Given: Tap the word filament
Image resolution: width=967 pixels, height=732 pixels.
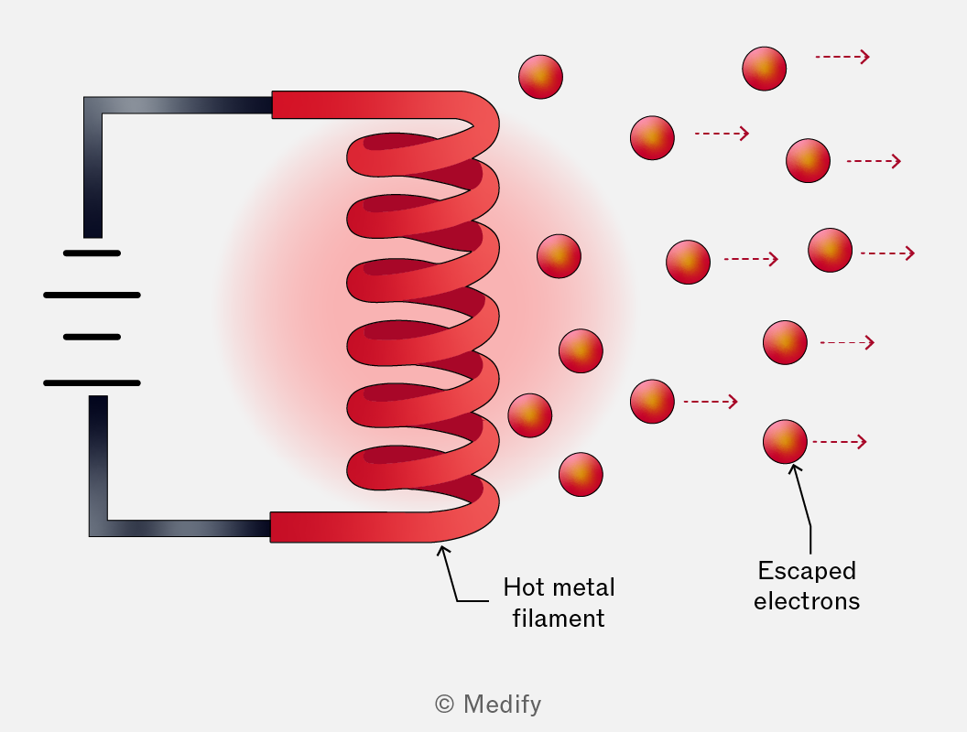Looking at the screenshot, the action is click(x=559, y=618).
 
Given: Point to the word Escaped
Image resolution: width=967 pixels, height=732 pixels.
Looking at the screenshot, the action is click(x=807, y=571).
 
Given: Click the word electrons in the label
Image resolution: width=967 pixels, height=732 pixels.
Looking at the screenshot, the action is click(x=807, y=601).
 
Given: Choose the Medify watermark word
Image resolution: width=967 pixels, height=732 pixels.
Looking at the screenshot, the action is click(x=502, y=705).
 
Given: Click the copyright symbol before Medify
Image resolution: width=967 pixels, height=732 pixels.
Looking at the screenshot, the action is click(x=444, y=704).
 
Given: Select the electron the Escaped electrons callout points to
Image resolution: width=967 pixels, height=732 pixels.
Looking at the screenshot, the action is click(x=785, y=442).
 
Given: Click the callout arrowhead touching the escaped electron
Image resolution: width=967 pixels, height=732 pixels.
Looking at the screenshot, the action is click(x=795, y=468).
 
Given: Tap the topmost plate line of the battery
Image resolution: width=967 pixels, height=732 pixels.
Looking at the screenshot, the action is click(x=92, y=253).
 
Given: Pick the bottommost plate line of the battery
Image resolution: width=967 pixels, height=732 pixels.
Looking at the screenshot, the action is click(x=92, y=383).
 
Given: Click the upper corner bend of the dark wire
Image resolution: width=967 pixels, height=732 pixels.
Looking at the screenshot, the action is click(x=93, y=105).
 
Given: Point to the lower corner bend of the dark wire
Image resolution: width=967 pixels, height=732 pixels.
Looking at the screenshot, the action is click(x=99, y=528).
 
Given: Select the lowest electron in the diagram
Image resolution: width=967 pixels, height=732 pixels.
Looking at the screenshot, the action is click(x=581, y=475).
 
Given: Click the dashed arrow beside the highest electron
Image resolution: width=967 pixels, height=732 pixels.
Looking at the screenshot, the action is click(x=842, y=57).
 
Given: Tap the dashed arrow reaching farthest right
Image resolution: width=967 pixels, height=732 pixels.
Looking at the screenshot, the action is click(x=887, y=253).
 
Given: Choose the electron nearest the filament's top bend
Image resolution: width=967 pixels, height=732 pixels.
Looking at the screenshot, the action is click(x=541, y=77).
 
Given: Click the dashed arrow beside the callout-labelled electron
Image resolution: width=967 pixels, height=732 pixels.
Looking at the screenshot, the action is click(x=840, y=442).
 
